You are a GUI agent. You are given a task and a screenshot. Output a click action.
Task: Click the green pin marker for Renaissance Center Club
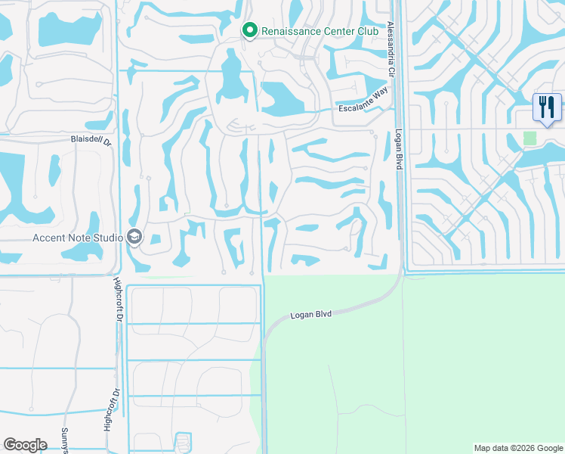(250, 30)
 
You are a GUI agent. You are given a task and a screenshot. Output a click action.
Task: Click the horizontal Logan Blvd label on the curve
(312, 314)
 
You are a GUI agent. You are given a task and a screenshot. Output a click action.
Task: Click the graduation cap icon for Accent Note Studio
(135, 237)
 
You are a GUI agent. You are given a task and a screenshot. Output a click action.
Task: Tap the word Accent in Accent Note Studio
(50, 238)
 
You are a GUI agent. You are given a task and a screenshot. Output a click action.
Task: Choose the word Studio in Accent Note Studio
(108, 238)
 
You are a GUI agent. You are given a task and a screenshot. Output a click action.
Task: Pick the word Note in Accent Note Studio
(80, 238)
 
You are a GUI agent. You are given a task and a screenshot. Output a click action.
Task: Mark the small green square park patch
(529, 138)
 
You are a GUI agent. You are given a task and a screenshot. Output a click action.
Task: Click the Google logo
(25, 445)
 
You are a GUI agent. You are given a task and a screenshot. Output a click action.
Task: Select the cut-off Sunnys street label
(65, 440)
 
